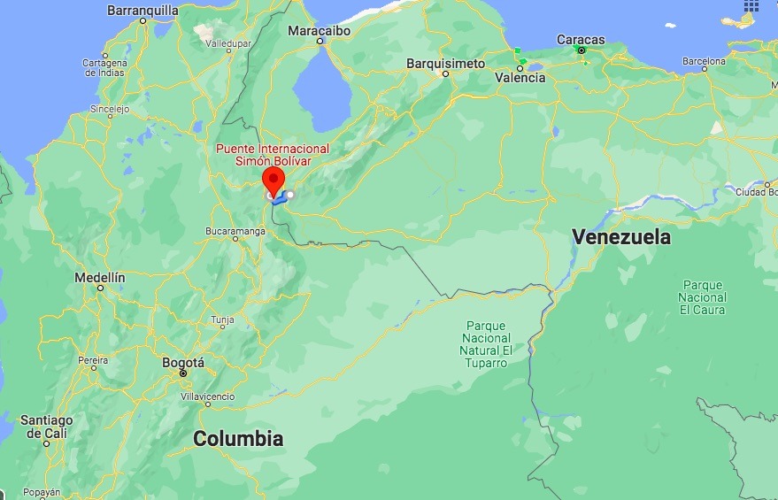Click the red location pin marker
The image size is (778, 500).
pyautogui.click(x=273, y=180)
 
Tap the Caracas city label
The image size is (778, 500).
pyautogui.click(x=581, y=40)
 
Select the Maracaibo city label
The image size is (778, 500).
pyautogui.click(x=319, y=31)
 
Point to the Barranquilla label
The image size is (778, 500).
pyautogui.click(x=143, y=11)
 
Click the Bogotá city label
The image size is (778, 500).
pyautogui.click(x=183, y=363)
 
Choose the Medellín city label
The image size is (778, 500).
pyautogui.click(x=100, y=277)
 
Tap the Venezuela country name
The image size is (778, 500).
pyautogui.click(x=621, y=237)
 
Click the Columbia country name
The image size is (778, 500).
pyautogui.click(x=238, y=438)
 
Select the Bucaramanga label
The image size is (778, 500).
pyautogui.click(x=235, y=230)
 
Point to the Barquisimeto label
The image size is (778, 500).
pyautogui.click(x=445, y=64)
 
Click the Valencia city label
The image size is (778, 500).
pyautogui.click(x=520, y=78)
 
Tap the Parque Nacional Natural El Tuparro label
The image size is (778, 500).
pyautogui.click(x=487, y=344)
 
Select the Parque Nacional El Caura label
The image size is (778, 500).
pyautogui.click(x=703, y=297)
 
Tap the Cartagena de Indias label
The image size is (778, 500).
pyautogui.click(x=104, y=67)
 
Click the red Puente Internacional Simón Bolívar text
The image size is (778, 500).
pyautogui.click(x=273, y=155)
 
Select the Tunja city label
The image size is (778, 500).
pyautogui.click(x=223, y=320)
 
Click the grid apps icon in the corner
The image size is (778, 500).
pyautogui.click(x=751, y=5)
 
